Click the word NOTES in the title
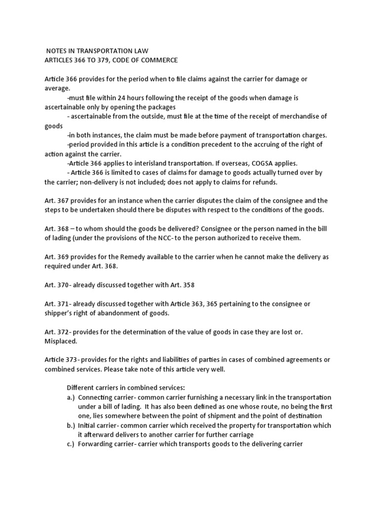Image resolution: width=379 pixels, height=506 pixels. pos(57,51)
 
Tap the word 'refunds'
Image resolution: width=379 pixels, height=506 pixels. pos(265,182)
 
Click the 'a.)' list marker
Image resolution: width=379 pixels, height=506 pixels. pos(71,397)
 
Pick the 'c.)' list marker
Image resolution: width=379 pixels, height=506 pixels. pos(71,443)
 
